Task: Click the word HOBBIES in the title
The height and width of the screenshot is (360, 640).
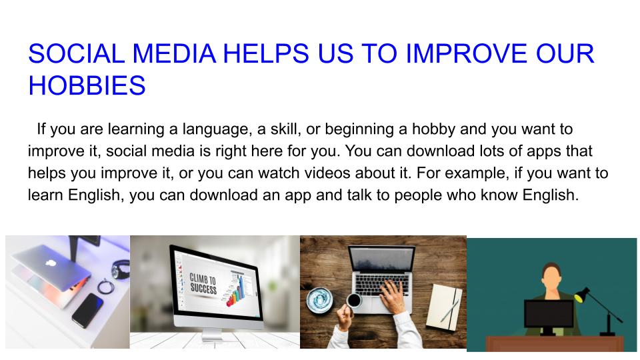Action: pos(87,85)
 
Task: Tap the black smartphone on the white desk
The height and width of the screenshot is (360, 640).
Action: pos(87,309)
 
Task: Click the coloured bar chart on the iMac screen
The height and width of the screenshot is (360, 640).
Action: pos(235,293)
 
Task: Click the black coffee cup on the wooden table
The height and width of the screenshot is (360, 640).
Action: pos(353,301)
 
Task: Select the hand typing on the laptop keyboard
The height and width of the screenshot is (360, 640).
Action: pos(400,290)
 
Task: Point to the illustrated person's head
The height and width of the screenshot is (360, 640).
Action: pos(551,273)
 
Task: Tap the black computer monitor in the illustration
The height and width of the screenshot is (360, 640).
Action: pos(549,315)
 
